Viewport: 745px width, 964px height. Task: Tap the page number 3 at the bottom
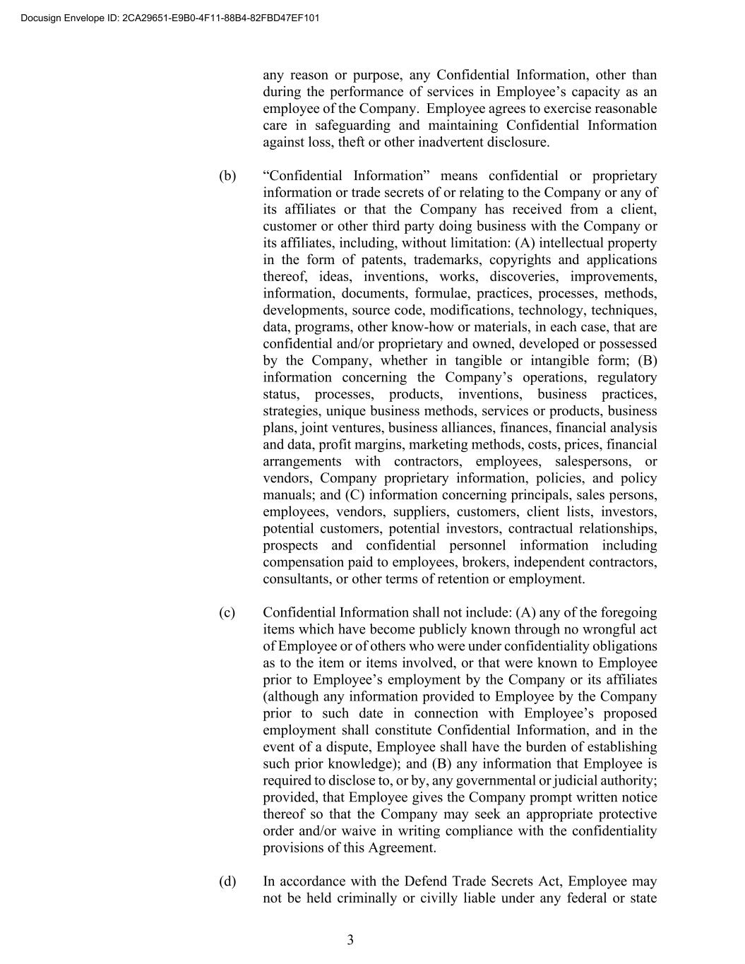point(350,939)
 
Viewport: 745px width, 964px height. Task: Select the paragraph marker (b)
point(227,176)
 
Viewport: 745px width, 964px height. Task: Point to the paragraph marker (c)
point(227,612)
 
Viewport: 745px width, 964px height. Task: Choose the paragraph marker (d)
point(227,881)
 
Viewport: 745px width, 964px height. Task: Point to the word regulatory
point(627,377)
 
